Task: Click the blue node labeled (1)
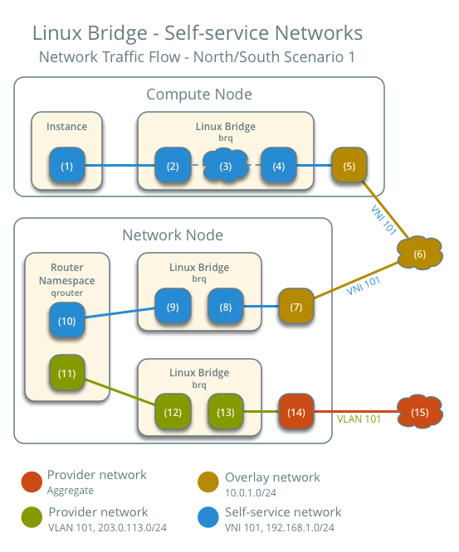coord(66,166)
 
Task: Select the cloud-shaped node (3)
coord(225,166)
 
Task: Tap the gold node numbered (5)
coord(349,166)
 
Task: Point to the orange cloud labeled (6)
coord(419,254)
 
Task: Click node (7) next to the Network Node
coord(296,307)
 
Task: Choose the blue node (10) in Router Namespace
coord(66,320)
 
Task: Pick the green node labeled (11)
coord(66,373)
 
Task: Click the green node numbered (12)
coord(172,412)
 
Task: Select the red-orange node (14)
coord(296,412)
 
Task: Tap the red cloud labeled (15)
coord(419,412)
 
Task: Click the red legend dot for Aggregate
coord(31,481)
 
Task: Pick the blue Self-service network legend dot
coord(208,517)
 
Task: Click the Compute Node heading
coord(198,94)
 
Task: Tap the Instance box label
coord(66,127)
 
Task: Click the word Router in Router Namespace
coord(66,269)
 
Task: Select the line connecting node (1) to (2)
coord(120,166)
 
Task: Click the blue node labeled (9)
coord(172,307)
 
